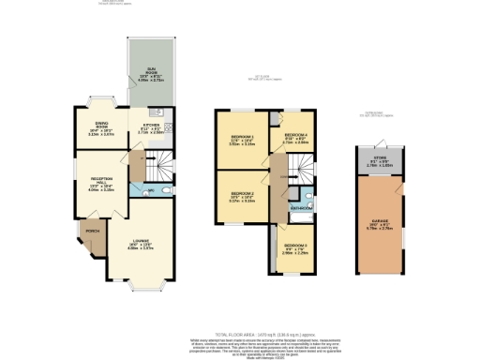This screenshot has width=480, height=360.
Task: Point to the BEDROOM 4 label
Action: (295, 136)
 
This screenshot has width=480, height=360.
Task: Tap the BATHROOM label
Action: (301, 206)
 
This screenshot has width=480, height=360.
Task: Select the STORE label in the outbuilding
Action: (378, 161)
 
